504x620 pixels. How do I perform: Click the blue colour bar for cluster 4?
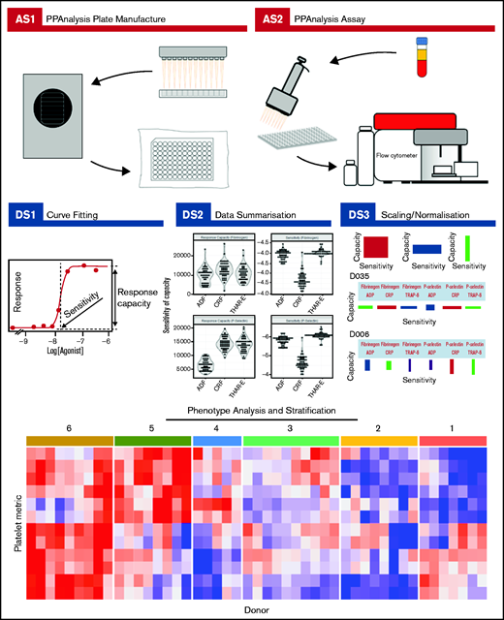pos(216,441)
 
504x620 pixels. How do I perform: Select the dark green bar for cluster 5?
pos(153,441)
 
